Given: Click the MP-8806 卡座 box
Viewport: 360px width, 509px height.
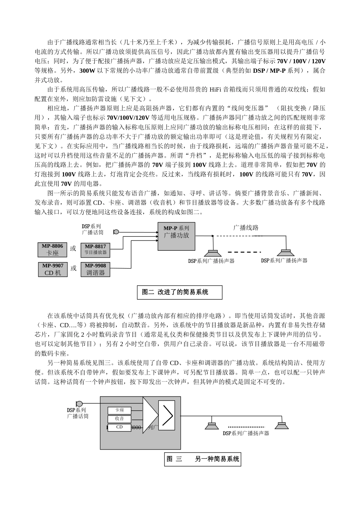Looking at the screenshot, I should coord(52,250).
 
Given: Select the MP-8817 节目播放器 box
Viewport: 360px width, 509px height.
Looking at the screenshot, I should coord(95,250).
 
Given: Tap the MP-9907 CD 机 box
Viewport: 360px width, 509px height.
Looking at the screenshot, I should coord(52,269).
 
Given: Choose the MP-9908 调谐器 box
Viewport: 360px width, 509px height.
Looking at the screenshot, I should coord(95,269).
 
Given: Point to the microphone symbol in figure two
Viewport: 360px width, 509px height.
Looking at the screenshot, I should coord(116,232).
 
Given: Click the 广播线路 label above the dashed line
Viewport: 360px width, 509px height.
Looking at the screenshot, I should coord(246,228).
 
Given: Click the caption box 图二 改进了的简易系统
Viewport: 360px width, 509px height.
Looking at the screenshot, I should coord(179,292).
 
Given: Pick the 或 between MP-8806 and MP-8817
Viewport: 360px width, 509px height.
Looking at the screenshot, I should coord(73,249).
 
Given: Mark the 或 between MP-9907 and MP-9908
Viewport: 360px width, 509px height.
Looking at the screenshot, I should coord(73,269).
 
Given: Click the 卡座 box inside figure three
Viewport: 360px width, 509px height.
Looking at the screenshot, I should coord(119,411).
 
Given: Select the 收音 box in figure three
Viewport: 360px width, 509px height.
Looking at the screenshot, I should coord(119,419).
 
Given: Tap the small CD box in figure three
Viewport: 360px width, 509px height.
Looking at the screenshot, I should coord(119,427).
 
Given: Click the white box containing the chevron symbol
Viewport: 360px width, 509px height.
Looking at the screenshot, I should coord(167,416).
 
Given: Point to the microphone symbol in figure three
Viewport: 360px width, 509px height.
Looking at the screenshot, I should coord(79,404).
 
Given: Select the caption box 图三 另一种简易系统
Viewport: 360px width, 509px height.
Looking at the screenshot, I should coord(203,459).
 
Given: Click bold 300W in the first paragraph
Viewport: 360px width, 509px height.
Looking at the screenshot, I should coord(87,70).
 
